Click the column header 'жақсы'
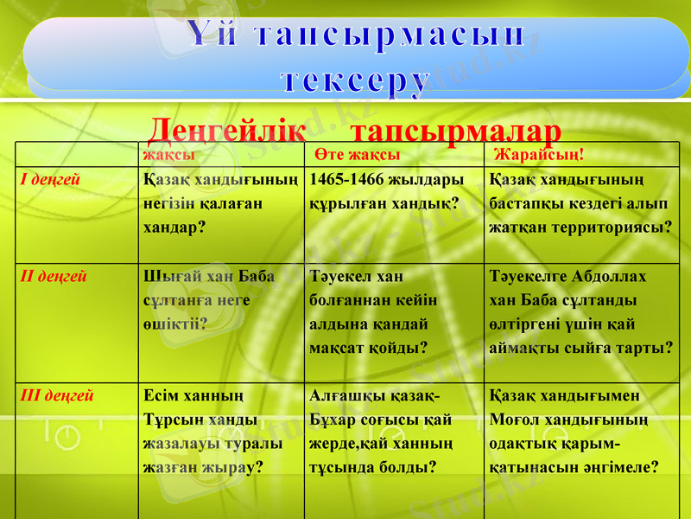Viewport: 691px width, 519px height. (168, 154)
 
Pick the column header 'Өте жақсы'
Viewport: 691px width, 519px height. (357, 154)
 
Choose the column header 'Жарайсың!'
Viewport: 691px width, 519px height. (537, 154)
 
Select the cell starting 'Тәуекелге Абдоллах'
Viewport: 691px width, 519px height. (580, 312)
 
